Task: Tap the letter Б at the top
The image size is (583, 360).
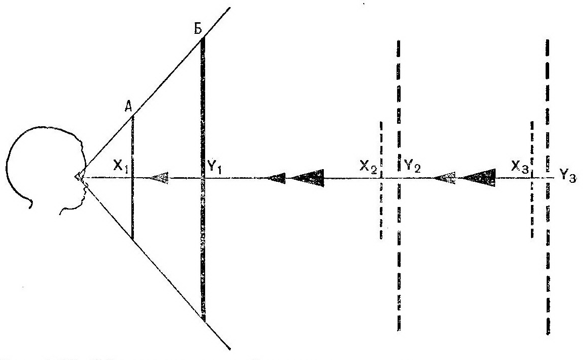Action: (x=199, y=29)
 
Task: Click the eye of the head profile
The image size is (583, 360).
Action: (x=80, y=177)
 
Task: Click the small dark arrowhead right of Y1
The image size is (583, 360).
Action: (x=277, y=178)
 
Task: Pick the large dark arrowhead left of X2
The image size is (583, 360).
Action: (x=308, y=178)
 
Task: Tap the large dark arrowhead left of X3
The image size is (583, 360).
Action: (x=480, y=178)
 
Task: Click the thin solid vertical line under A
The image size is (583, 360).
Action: (x=132, y=177)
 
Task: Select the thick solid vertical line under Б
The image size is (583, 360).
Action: (x=203, y=178)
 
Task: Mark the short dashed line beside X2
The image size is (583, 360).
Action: (x=381, y=180)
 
